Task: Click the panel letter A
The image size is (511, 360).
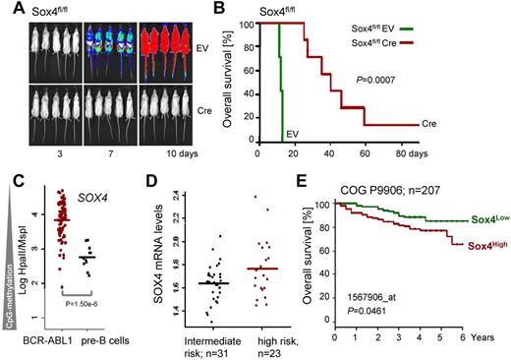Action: point(9,10)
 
